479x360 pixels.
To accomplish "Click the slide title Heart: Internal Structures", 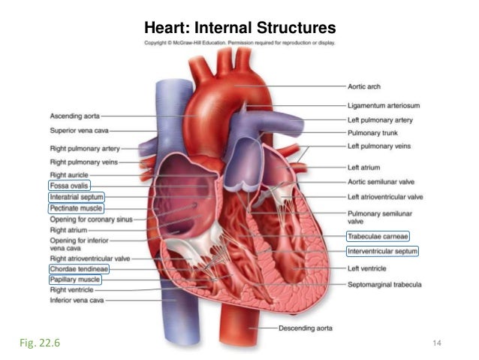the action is point(239,29).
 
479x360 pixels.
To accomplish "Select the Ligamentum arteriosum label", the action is point(382,105).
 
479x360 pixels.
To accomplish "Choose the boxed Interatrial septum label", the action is point(77,196).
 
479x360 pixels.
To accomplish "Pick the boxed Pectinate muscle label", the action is point(76,207).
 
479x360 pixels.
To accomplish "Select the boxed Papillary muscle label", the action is point(74,279).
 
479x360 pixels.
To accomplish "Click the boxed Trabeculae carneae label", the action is point(377,237).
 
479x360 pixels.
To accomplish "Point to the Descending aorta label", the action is point(306,328).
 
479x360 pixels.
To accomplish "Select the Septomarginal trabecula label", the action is point(384,285).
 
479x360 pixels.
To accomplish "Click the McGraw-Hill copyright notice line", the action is point(239,43).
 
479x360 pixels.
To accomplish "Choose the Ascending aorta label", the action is point(74,116).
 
